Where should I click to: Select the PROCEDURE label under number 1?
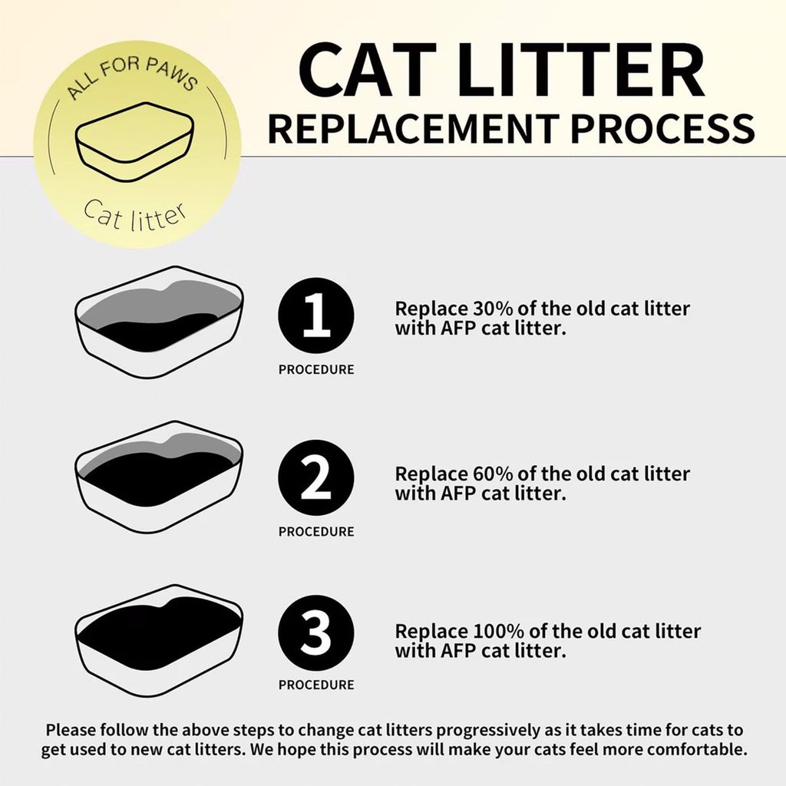coord(315,370)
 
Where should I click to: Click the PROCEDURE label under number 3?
coord(315,685)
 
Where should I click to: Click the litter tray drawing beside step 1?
coord(159,322)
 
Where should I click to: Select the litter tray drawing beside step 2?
coord(159,477)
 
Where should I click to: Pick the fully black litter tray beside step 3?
coord(159,639)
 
